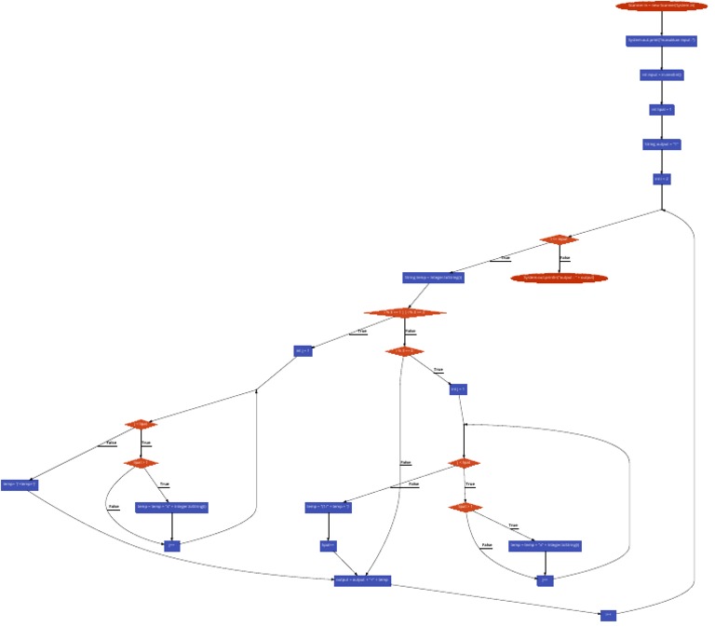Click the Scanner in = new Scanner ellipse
(661, 6)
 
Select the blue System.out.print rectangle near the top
(661, 41)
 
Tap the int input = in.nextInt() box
(661, 75)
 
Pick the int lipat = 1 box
(661, 109)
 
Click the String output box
(661, 144)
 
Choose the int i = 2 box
(661, 178)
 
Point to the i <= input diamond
(559, 239)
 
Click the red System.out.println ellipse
(559, 277)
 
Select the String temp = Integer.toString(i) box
(433, 277)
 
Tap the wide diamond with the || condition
(405, 313)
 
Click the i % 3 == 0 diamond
(405, 351)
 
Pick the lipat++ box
(328, 545)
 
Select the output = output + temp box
(362, 579)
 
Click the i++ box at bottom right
(608, 615)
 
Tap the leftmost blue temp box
(19, 484)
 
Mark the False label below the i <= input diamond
(565, 258)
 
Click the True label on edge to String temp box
(506, 258)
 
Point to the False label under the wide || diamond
(411, 332)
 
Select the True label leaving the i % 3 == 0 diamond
(438, 371)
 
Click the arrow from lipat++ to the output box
(344, 563)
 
